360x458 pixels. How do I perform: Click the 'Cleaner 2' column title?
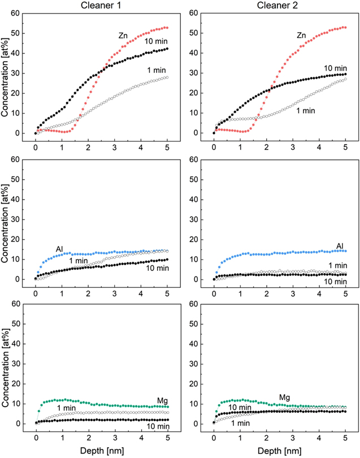[277, 5]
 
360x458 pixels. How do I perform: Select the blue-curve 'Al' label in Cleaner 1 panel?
[59, 249]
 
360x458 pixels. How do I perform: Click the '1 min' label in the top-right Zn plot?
[306, 111]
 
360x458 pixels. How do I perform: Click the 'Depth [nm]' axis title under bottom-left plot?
[101, 451]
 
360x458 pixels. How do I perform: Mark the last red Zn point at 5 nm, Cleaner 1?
[167, 28]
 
